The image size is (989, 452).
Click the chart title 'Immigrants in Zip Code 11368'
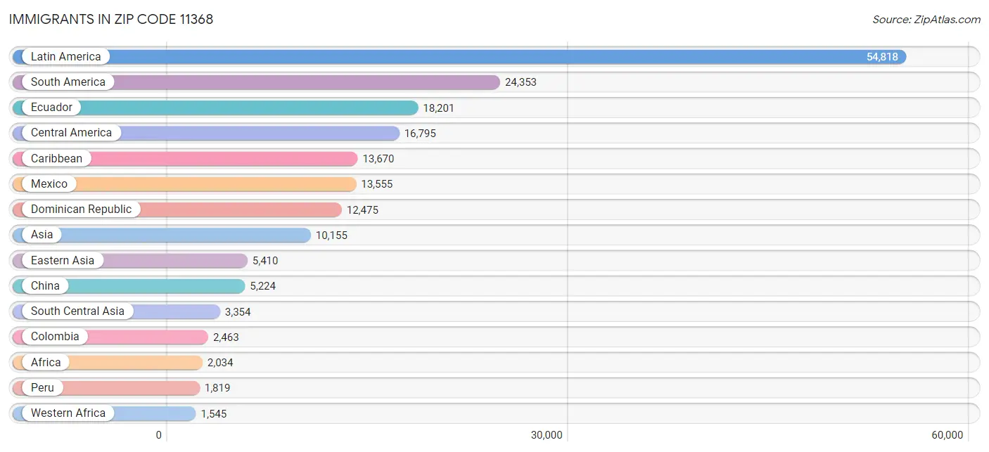click(x=111, y=20)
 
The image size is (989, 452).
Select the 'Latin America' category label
click(x=65, y=56)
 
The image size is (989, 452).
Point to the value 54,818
click(x=882, y=57)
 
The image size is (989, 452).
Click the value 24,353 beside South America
click(x=521, y=82)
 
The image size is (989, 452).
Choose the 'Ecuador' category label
click(x=51, y=108)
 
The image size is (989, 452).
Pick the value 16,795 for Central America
click(x=420, y=133)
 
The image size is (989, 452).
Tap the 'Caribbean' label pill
click(x=56, y=158)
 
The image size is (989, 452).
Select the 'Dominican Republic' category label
click(x=81, y=209)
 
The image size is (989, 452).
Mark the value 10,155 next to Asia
click(x=331, y=235)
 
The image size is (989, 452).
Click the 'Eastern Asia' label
click(x=62, y=260)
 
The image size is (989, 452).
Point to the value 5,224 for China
click(x=263, y=286)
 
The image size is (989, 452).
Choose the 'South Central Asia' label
click(x=77, y=311)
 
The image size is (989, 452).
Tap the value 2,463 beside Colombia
click(x=226, y=337)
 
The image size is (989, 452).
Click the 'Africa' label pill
click(x=46, y=362)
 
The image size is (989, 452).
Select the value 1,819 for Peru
click(x=217, y=388)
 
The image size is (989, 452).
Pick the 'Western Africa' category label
click(x=68, y=413)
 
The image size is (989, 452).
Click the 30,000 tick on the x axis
click(x=547, y=435)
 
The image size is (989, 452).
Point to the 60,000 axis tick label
click(x=947, y=435)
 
